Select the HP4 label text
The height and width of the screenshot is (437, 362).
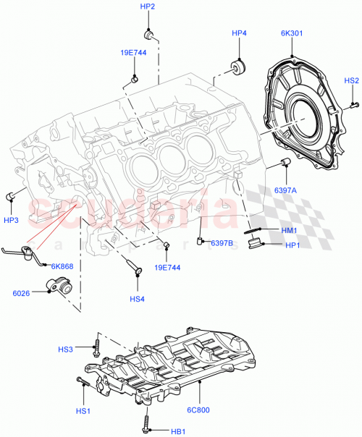click(240, 33)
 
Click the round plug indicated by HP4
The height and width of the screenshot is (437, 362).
click(237, 67)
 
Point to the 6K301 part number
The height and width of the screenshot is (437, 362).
click(292, 33)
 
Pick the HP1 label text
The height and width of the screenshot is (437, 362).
click(292, 245)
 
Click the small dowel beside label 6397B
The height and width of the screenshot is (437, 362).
click(202, 241)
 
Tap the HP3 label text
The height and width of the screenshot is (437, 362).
click(11, 219)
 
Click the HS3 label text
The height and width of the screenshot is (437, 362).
click(66, 350)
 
